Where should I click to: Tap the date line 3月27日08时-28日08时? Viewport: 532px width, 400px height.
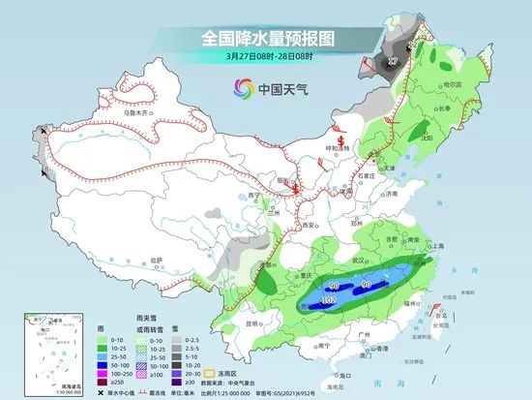pos(265,57)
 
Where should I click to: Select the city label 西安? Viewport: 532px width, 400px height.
pos(311,223)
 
